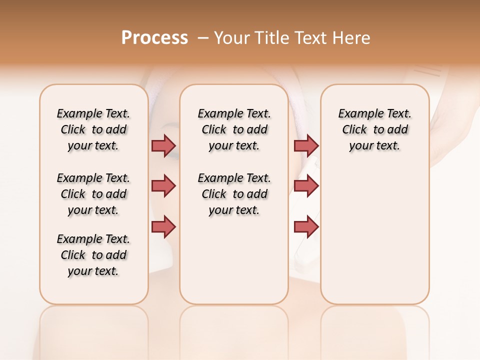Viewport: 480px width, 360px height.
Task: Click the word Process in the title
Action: [x=154, y=38]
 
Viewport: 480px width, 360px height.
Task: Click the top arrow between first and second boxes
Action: [x=163, y=145]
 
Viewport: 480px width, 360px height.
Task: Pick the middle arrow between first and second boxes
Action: [x=163, y=186]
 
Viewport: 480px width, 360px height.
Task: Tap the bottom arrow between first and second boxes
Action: [x=163, y=226]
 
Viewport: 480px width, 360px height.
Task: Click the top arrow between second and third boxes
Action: [x=306, y=145]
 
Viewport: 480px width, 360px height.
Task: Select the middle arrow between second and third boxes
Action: [x=306, y=186]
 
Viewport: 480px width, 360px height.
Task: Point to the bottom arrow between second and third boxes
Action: [x=306, y=226]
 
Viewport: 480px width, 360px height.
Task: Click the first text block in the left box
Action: [x=93, y=129]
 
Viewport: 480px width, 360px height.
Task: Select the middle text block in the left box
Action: [x=93, y=194]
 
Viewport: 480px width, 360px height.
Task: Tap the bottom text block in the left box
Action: [x=93, y=255]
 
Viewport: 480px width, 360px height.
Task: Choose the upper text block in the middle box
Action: [x=234, y=129]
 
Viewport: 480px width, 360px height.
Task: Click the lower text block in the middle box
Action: [x=234, y=194]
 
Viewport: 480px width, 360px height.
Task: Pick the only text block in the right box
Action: [x=374, y=129]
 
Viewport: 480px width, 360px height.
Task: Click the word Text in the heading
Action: [x=312, y=38]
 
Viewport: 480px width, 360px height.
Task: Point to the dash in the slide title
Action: [x=202, y=38]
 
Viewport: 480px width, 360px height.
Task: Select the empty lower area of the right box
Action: [x=374, y=235]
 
